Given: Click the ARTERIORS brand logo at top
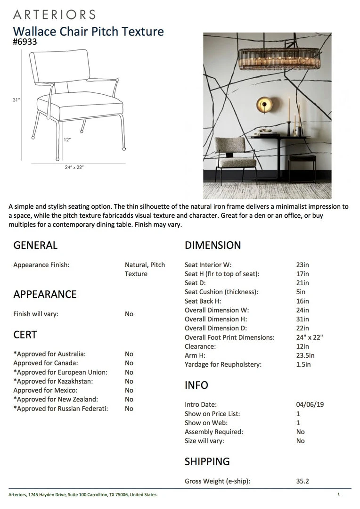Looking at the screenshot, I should [x=54, y=15].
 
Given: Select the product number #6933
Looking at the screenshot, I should [x=25, y=41].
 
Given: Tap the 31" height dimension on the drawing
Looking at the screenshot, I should [x=16, y=100].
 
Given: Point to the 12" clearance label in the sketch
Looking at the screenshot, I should [x=67, y=140].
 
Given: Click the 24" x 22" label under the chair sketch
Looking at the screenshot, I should [x=74, y=167].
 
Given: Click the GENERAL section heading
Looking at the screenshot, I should [x=35, y=245].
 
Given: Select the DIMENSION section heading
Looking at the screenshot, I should [x=213, y=245].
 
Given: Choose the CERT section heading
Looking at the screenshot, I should [x=25, y=335].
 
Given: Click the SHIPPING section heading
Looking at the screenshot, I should [x=207, y=461].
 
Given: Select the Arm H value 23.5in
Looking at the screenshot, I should [x=305, y=355].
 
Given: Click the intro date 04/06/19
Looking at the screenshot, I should [x=310, y=404].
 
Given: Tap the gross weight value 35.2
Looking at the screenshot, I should [x=302, y=481].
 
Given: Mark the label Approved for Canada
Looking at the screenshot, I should [x=46, y=363].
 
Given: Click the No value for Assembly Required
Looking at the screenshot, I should [x=300, y=432].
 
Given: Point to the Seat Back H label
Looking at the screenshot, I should [x=203, y=301].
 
